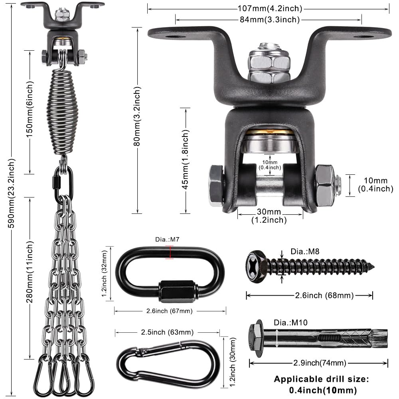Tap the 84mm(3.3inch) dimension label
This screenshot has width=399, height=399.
click(268, 19)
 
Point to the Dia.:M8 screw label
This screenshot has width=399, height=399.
click(305, 251)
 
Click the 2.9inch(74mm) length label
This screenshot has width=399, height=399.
click(318, 363)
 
